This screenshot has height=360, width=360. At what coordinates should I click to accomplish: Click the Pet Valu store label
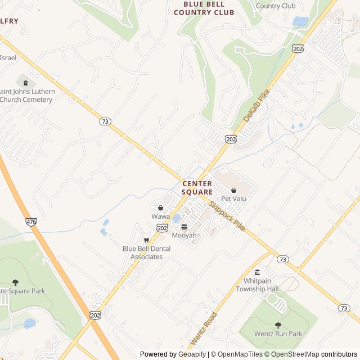(x=233, y=199)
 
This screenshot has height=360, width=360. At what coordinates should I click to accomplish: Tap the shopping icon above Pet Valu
(x=233, y=190)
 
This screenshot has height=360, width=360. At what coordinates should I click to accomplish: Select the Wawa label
(x=160, y=217)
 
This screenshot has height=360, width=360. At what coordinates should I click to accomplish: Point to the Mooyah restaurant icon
(x=184, y=227)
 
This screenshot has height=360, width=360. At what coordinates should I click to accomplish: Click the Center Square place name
(x=197, y=188)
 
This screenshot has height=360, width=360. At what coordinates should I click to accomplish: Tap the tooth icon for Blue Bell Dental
(x=147, y=240)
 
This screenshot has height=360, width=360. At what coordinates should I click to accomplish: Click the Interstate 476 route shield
(x=31, y=222)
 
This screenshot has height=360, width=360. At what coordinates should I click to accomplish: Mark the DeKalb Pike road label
(x=256, y=105)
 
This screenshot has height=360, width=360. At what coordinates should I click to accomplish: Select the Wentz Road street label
(x=204, y=330)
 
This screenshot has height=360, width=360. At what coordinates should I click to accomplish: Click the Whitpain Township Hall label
(x=257, y=285)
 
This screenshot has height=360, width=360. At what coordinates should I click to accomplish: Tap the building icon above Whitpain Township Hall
(x=257, y=272)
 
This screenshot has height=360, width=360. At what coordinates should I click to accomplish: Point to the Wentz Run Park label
(x=278, y=334)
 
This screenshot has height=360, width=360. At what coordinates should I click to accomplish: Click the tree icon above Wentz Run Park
(x=278, y=325)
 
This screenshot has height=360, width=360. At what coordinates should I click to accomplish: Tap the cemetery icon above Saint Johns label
(x=25, y=83)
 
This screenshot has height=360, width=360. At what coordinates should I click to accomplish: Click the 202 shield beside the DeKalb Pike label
(x=230, y=138)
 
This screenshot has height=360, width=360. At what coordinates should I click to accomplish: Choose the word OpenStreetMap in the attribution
(x=292, y=354)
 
